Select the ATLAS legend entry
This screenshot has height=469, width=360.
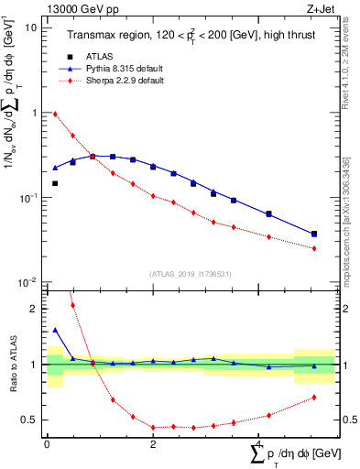click(111, 56)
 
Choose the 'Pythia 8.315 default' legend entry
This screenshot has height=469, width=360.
click(126, 69)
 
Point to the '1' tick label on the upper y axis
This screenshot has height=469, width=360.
click(35, 113)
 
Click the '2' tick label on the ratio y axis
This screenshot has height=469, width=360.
click(35, 309)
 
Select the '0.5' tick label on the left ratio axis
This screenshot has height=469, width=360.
click(30, 420)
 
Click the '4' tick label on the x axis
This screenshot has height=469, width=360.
click(259, 446)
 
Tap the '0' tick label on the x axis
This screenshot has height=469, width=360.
click(47, 446)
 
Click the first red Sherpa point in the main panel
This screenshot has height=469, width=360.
click(55, 115)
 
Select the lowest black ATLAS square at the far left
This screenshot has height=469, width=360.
click(55, 183)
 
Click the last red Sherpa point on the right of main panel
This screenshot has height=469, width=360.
click(314, 248)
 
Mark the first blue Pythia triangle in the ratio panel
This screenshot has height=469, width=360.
click(55, 330)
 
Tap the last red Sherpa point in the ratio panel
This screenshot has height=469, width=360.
click(314, 397)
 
